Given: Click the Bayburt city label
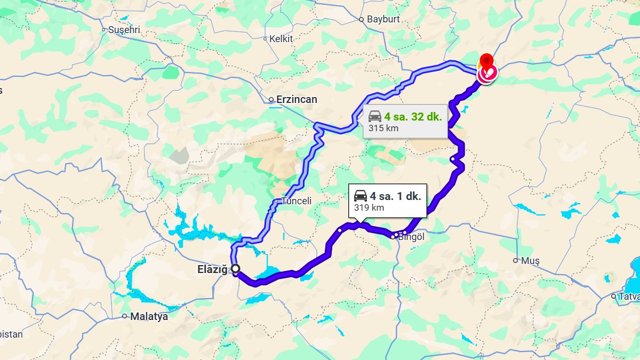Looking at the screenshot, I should [383, 19].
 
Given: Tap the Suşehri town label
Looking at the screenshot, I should [124, 30].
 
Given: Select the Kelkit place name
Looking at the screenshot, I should [281, 38].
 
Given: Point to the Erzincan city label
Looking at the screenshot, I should [296, 99].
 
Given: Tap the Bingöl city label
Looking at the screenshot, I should [411, 237].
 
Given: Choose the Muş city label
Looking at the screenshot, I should [531, 261].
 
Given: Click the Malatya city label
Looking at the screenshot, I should [149, 316].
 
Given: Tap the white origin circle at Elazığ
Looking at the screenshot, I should [235, 269].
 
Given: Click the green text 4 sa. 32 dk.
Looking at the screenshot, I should [413, 117].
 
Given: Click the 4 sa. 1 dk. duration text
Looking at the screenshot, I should [395, 196].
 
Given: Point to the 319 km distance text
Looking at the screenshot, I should [369, 207].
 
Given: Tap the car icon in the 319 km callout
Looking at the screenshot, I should [361, 195].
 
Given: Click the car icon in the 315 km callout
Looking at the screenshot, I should [375, 116].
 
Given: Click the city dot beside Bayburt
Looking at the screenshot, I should [361, 19].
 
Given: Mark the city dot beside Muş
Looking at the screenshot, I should [515, 260].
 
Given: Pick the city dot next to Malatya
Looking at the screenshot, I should [124, 316].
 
